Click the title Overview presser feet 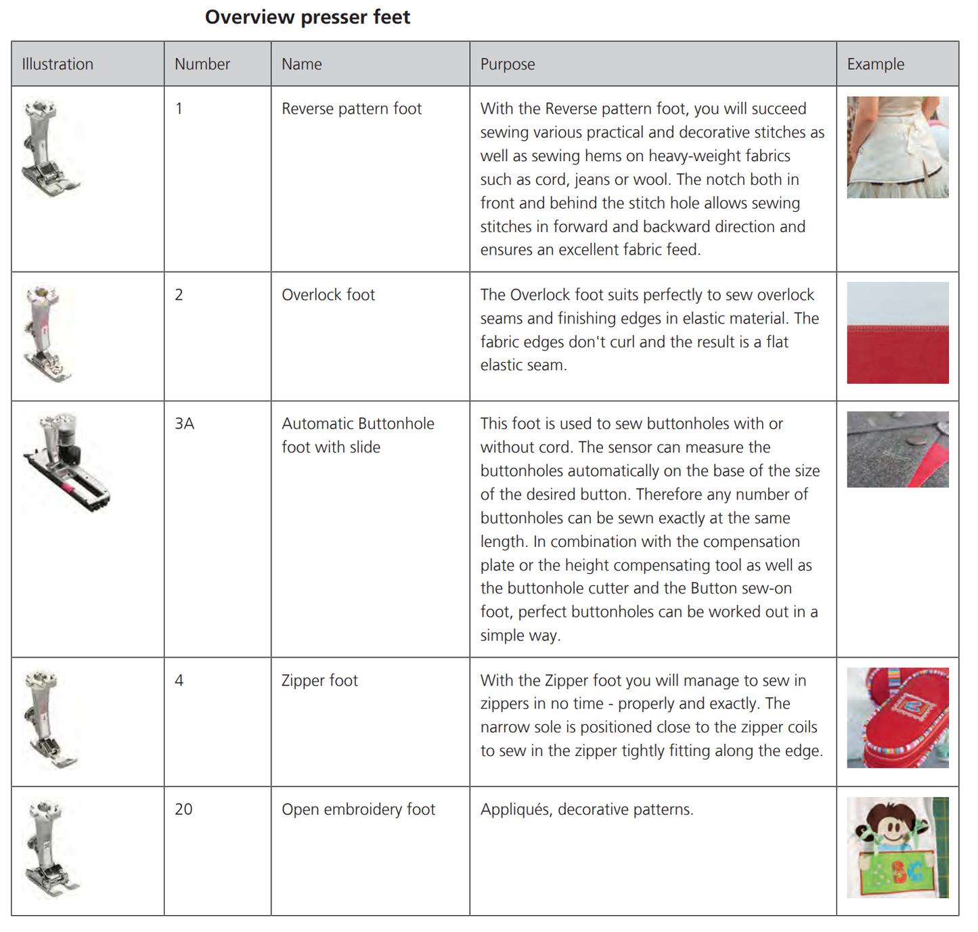307,17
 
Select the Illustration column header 58,64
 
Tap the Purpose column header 508,64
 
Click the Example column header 875,64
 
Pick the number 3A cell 185,424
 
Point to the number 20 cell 183,809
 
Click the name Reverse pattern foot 351,109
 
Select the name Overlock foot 328,295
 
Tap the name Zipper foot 319,681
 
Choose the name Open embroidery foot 358,809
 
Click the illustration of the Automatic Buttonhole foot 68,462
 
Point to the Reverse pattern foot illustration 49,149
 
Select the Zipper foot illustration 49,719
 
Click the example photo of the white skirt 897,147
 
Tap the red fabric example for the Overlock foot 897,332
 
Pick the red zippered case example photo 897,717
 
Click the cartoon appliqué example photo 897,847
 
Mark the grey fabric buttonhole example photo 897,449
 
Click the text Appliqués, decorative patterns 587,809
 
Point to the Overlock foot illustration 46,334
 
